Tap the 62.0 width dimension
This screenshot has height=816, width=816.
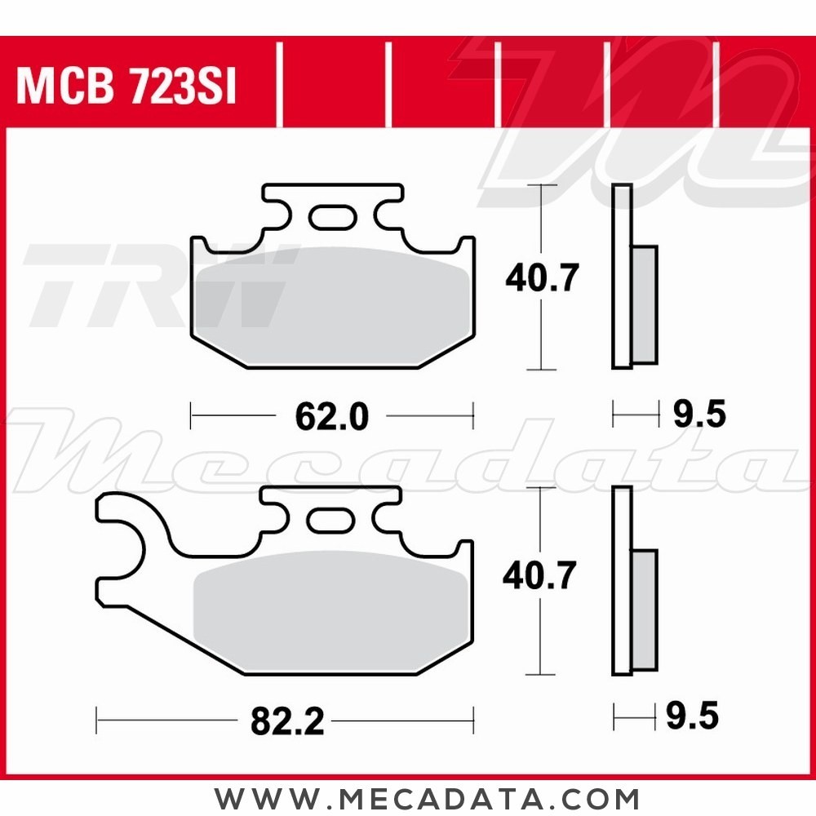[x=331, y=417]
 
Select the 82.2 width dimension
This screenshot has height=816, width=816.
[x=286, y=721]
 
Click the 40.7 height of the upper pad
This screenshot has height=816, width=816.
[x=542, y=278]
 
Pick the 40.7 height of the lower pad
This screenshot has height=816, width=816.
[x=539, y=576]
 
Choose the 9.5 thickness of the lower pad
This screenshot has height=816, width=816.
[x=692, y=717]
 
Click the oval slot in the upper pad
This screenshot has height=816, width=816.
[x=331, y=217]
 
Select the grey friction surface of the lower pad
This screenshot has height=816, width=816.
[x=330, y=608]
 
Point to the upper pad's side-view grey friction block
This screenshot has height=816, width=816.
[x=644, y=304]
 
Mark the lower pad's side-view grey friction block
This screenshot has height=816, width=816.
[x=644, y=610]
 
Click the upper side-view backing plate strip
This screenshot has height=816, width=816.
[x=622, y=277]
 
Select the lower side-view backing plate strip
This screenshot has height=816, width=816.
[x=622, y=580]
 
